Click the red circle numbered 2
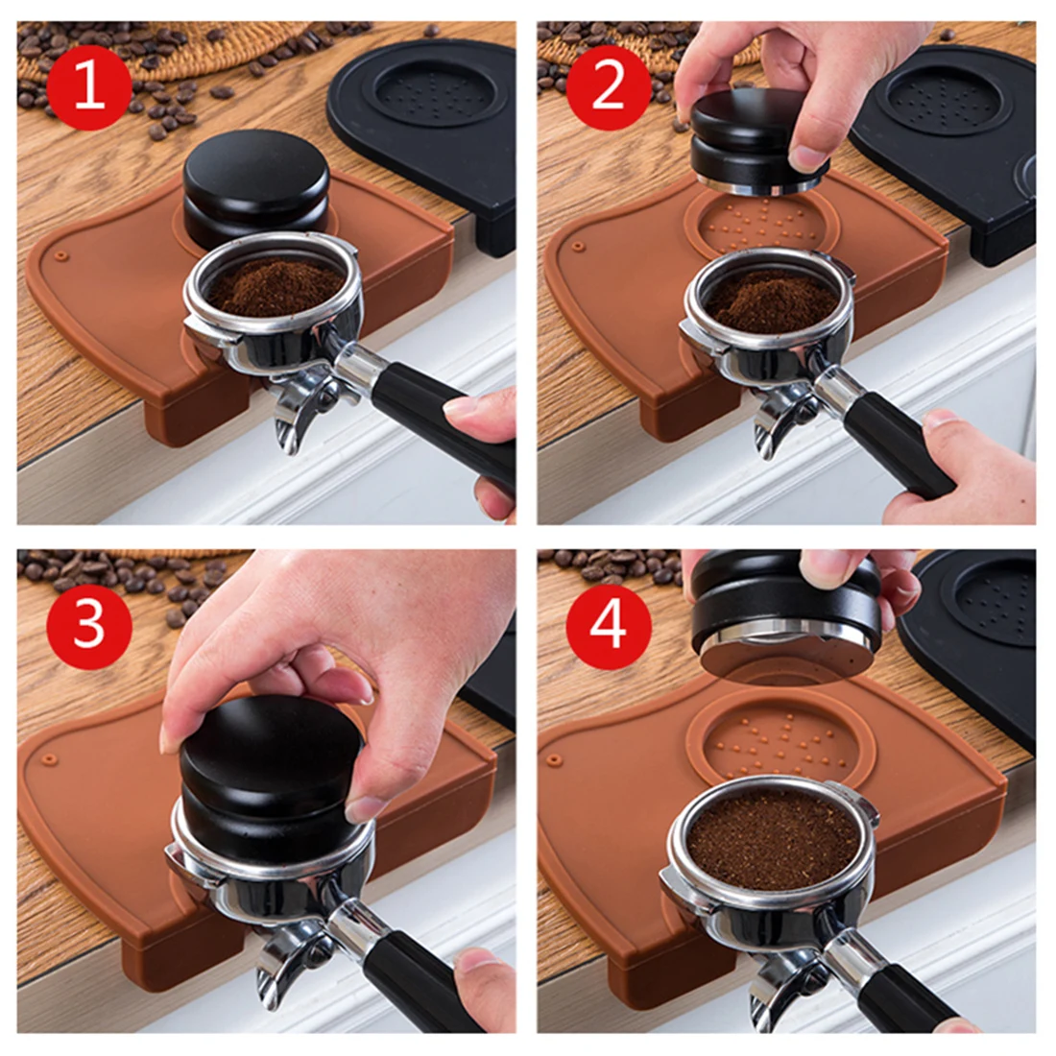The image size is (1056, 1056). (x=608, y=87)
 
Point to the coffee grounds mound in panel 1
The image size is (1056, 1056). (x=275, y=285)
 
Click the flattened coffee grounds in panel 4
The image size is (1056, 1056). (x=773, y=839)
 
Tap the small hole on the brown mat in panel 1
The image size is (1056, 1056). (x=61, y=256)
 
